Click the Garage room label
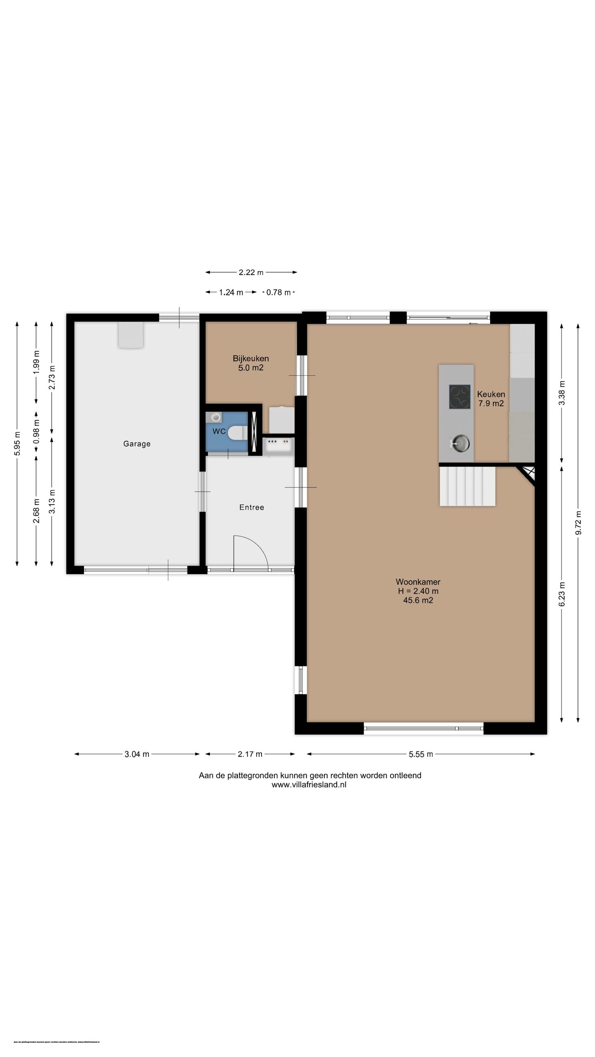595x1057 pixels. [137, 444]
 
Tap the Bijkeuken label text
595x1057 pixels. [250, 358]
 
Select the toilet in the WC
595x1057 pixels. [237, 433]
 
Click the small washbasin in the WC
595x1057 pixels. [216, 417]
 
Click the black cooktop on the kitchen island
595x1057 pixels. [459, 397]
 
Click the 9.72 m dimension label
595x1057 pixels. [578, 523]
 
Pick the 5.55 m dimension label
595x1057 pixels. [421, 754]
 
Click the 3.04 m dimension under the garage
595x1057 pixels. [137, 754]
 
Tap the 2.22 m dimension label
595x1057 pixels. [251, 273]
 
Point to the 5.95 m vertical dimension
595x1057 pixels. [17, 443]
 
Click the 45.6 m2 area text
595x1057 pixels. [418, 600]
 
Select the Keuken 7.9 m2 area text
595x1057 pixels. [491, 403]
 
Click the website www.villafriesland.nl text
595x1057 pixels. [309, 785]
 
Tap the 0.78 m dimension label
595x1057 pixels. [278, 292]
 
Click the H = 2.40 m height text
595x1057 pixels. [418, 591]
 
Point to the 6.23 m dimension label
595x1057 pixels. [562, 594]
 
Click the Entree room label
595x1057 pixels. [252, 507]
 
